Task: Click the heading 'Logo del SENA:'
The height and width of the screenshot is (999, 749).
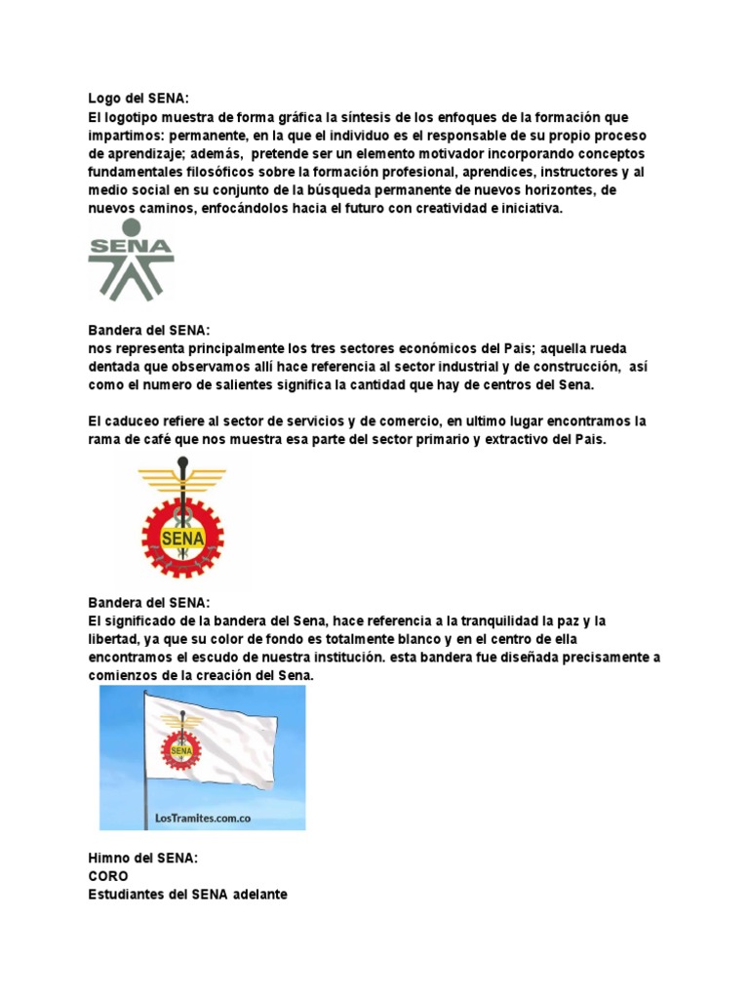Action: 138,98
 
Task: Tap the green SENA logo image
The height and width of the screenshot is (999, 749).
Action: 131,260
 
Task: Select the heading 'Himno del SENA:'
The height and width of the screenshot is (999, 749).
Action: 142,858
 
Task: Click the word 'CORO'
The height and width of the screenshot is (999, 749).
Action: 107,876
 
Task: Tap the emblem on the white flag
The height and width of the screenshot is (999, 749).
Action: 180,747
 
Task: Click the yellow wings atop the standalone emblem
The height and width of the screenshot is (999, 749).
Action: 182,477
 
